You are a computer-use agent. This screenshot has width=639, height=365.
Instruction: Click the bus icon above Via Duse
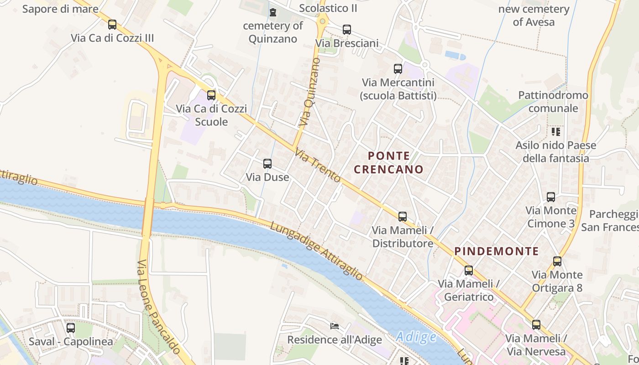tap(267, 163)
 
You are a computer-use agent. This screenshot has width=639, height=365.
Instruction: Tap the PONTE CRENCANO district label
tap(388, 162)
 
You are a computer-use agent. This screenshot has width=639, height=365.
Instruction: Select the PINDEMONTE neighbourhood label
tap(497, 251)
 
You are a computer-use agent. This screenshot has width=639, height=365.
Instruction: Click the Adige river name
tap(416, 337)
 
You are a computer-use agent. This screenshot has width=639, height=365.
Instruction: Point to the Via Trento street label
tap(318, 166)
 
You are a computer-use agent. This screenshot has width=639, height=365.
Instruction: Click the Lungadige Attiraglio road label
tap(316, 250)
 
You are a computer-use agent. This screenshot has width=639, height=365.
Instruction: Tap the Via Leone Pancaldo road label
tap(158, 306)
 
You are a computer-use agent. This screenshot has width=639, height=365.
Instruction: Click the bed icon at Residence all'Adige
tap(335, 326)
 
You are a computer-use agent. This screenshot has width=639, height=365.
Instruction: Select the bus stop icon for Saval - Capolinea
tap(71, 328)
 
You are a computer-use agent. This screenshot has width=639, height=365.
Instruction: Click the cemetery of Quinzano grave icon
tap(273, 12)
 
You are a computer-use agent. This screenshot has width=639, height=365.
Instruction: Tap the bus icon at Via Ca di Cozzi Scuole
tap(211, 95)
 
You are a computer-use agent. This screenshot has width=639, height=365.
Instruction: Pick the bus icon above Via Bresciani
tap(347, 30)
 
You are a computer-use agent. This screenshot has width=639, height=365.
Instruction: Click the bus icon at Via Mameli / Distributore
tap(402, 216)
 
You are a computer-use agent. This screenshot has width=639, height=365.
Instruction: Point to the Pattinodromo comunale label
tap(553, 102)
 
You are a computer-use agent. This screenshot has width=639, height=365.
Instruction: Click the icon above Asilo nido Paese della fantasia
tap(555, 132)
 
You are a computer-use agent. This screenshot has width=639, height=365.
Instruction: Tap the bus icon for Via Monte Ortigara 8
tap(557, 261)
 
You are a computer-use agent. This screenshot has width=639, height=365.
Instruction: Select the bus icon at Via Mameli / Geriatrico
tap(468, 270)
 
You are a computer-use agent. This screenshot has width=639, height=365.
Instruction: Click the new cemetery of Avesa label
tap(534, 16)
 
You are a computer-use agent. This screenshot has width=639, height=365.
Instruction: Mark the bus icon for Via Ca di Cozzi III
tap(112, 25)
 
